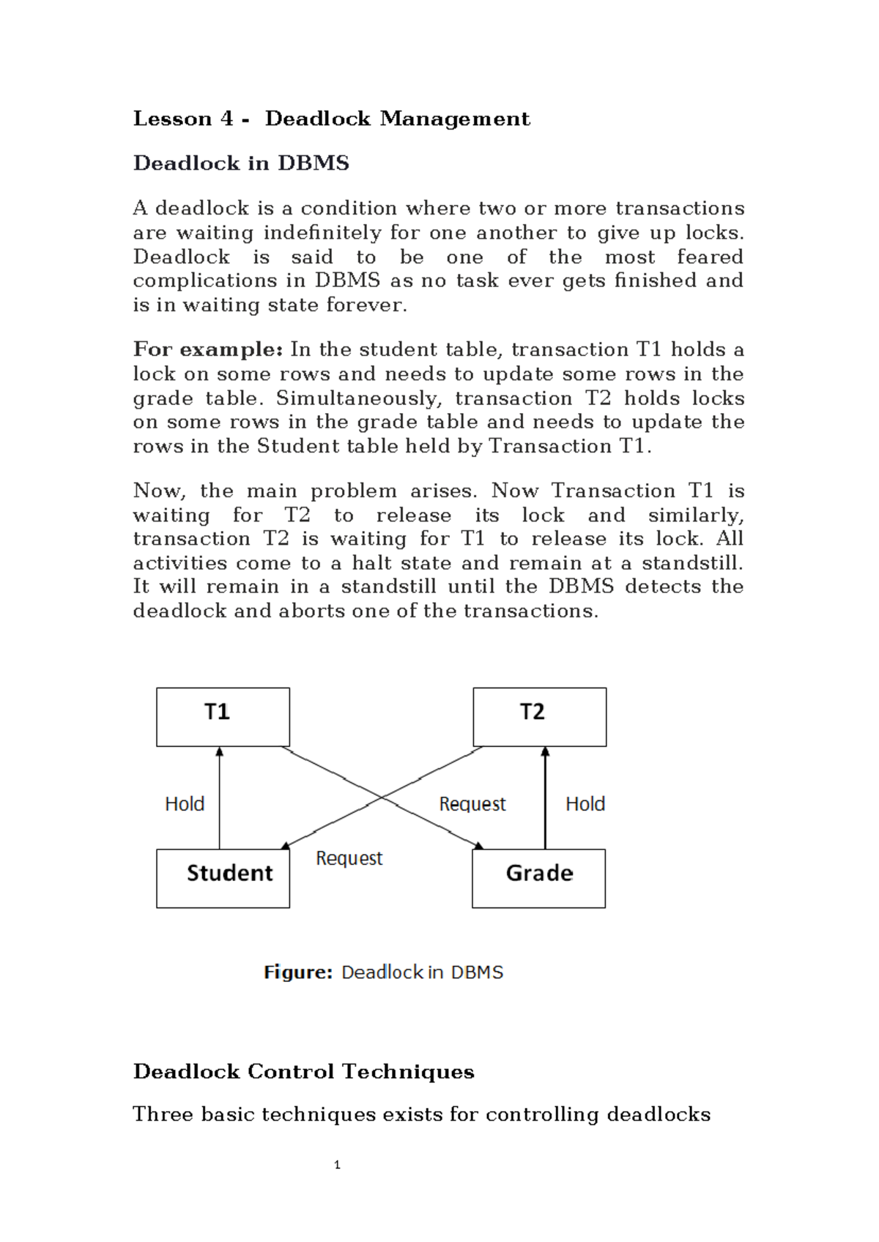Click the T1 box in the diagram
(223, 717)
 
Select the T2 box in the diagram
(539, 717)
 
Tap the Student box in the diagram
(223, 878)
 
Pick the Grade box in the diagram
(538, 878)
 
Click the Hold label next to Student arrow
(185, 804)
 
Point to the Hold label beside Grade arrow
(585, 804)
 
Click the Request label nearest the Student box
(349, 858)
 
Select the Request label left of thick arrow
(472, 804)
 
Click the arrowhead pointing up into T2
(545, 752)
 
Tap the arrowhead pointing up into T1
(219, 752)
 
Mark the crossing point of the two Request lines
(382, 797)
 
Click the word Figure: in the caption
(298, 973)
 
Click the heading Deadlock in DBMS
(241, 163)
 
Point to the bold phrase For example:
(207, 349)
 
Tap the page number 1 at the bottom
(337, 1165)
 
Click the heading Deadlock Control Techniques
(303, 1071)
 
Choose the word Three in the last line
(163, 1115)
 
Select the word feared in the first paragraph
(709, 257)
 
